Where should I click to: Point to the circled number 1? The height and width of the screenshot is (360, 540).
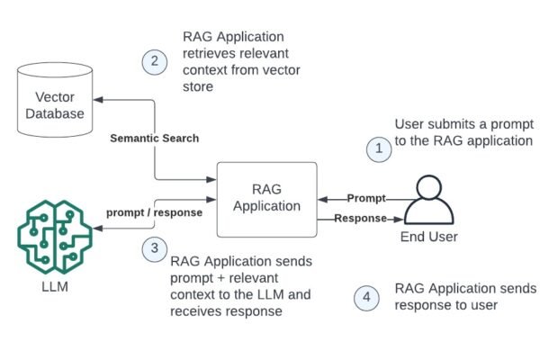pos(378,148)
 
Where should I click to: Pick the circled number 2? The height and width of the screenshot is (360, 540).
pos(155,60)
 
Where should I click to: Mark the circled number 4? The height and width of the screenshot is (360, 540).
pos(365,297)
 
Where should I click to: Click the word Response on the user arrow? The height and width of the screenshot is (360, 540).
pos(360,219)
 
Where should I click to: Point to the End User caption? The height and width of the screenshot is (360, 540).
pos(428,238)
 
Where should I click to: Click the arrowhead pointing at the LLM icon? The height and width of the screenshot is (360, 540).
pos(98,230)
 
